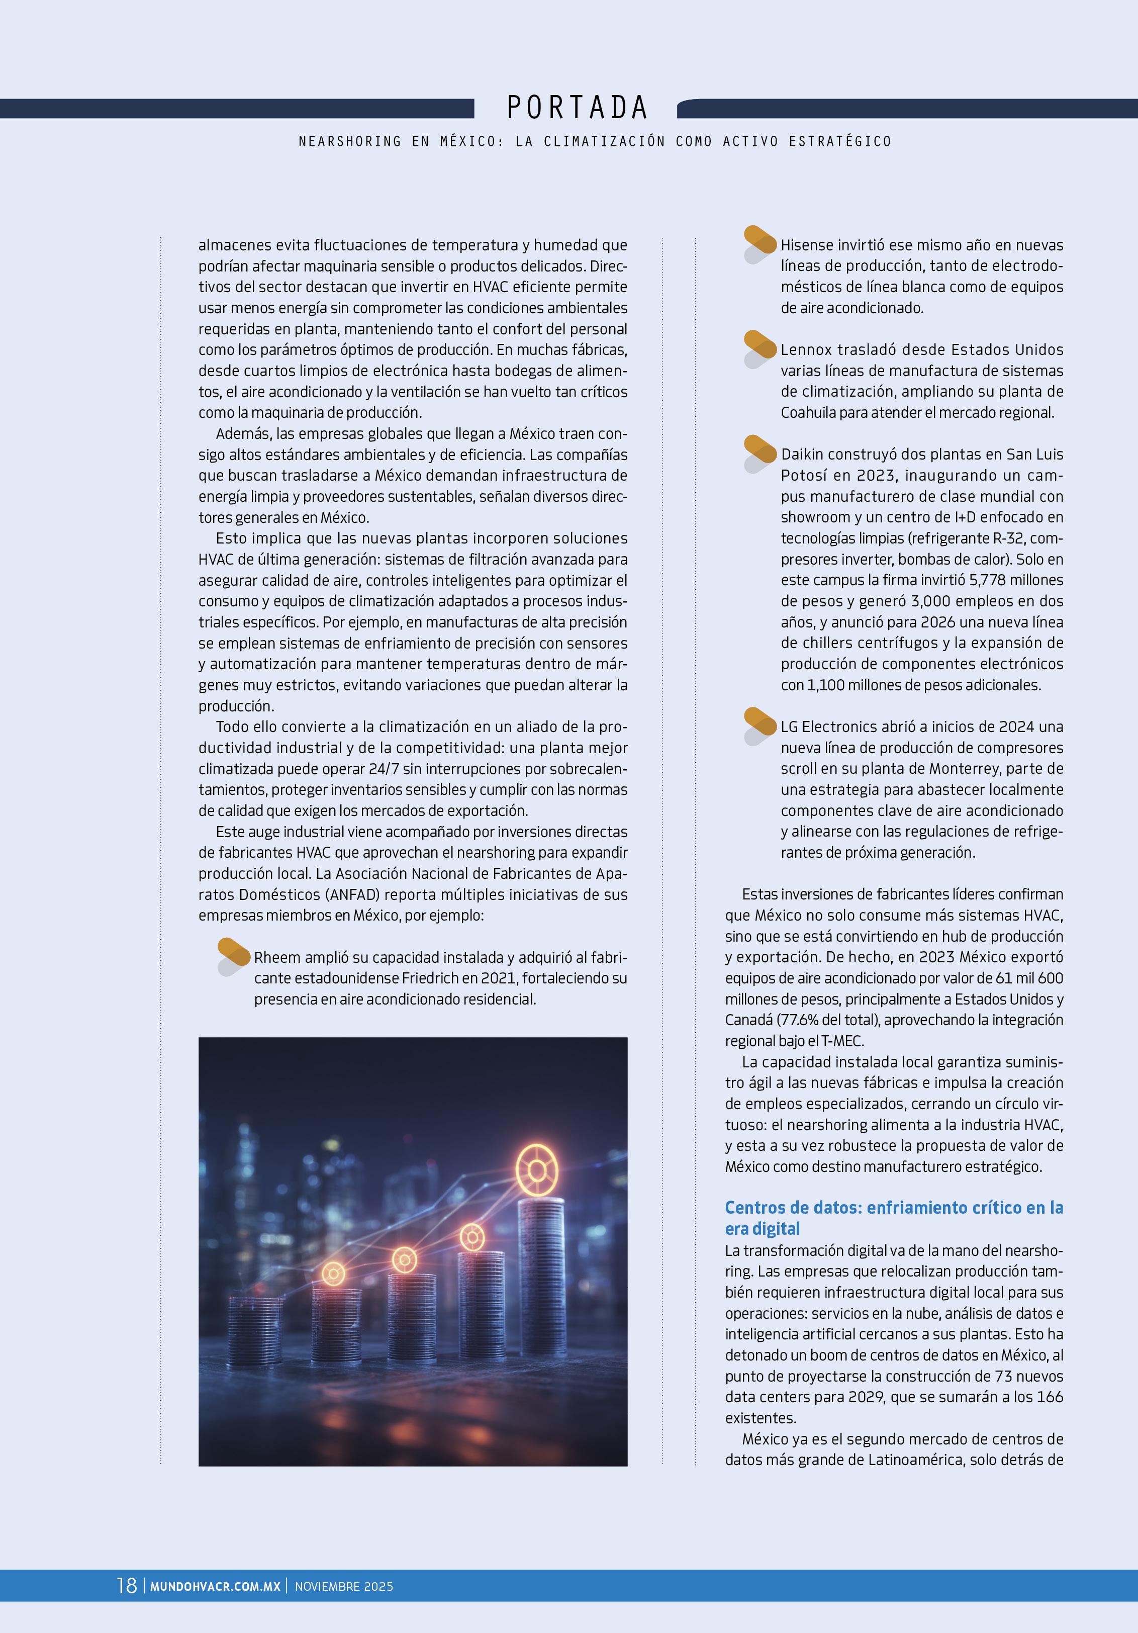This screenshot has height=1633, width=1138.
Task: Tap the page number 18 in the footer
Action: pos(127,1585)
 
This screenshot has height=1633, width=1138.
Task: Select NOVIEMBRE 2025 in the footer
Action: pos(343,1587)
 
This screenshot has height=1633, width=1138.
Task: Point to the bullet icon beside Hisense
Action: pos(760,244)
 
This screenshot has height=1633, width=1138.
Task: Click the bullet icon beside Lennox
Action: pos(760,348)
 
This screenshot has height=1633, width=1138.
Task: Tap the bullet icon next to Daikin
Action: pos(760,453)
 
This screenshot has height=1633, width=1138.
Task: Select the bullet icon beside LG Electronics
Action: pos(760,725)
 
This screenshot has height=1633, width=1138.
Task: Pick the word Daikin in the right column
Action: pos(802,455)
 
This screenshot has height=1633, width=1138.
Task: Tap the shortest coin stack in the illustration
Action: pos(255,1330)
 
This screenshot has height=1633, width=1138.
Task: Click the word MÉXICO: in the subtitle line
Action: pos(471,142)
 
